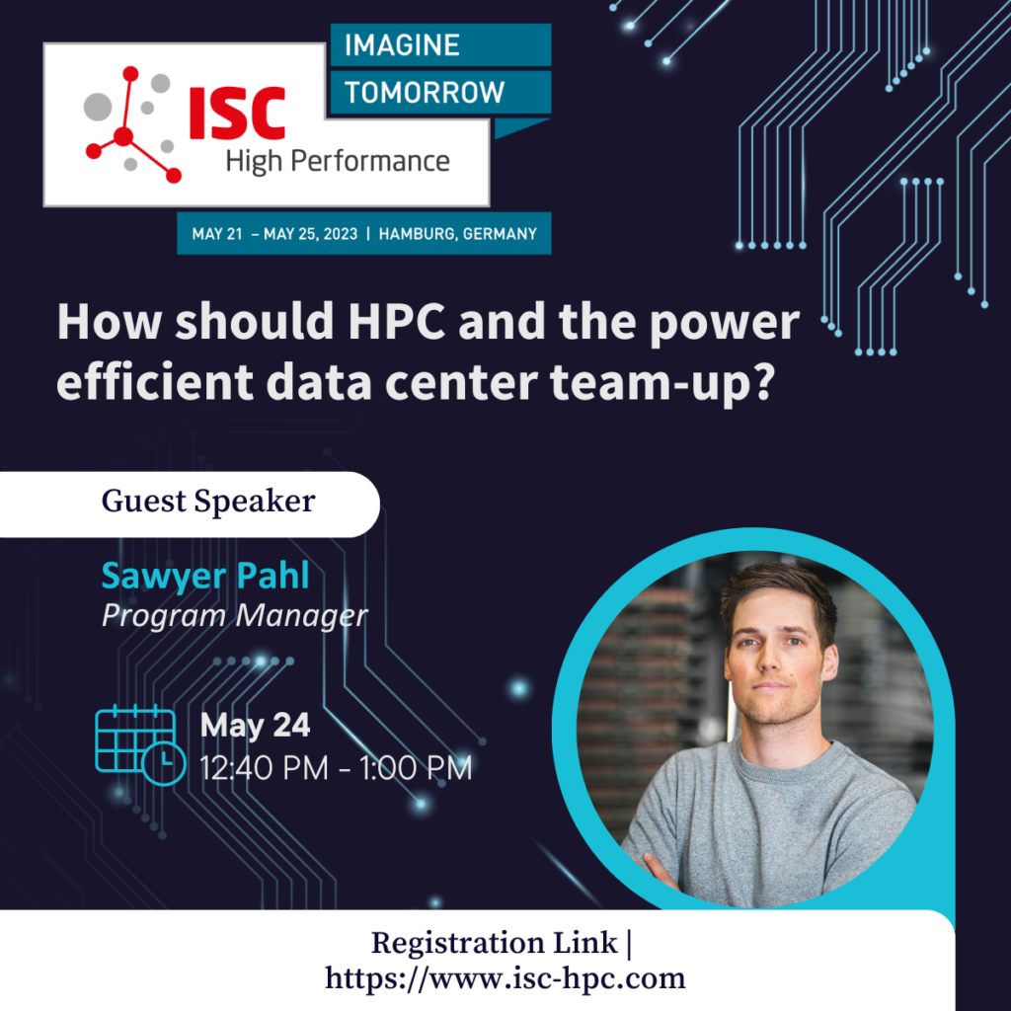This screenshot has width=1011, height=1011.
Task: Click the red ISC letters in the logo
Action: tap(237, 114)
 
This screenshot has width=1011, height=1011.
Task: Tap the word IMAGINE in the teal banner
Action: tap(402, 45)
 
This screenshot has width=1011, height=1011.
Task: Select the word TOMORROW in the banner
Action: tap(425, 92)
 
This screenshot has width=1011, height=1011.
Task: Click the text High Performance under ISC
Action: tap(338, 161)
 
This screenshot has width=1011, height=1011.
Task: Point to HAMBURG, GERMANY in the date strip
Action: tap(458, 233)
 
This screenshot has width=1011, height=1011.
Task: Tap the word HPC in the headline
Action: tap(397, 321)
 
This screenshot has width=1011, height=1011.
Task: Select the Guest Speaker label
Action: tap(208, 501)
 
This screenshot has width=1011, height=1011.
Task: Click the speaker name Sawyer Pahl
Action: tap(205, 576)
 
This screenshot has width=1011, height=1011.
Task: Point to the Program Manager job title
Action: tap(235, 616)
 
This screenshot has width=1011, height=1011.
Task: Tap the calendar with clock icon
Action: tap(140, 744)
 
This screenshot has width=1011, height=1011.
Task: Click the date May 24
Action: tap(256, 725)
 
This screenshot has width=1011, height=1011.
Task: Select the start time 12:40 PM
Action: tap(264, 768)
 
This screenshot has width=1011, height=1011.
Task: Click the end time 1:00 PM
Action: tap(416, 768)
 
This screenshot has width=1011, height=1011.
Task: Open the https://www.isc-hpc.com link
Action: tap(505, 978)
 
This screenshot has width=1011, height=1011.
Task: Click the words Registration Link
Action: tap(494, 943)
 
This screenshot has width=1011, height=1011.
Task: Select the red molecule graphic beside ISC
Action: tap(132, 123)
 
